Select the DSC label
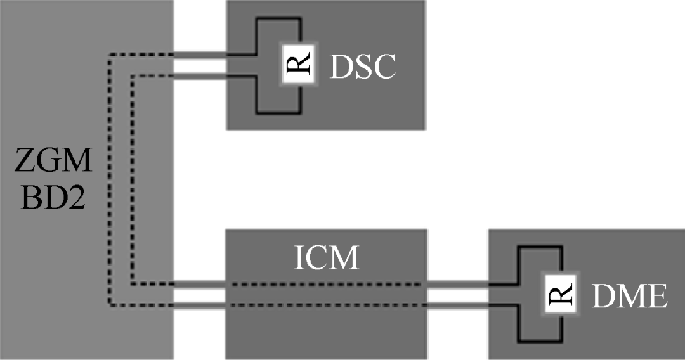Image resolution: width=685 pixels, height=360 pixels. coord(362,67)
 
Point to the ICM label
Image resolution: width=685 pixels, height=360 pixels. coord(326,259)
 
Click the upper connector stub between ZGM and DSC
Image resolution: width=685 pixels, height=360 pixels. coord(200,55)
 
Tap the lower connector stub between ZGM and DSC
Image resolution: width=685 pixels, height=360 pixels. coord(200,77)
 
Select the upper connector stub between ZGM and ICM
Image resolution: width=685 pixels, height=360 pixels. coord(200,285)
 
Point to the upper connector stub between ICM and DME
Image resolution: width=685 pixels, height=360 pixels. coord(457,285)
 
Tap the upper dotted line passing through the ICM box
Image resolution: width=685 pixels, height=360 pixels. coord(326,285)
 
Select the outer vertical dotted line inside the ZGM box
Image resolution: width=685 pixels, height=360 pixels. coord(109,184)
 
